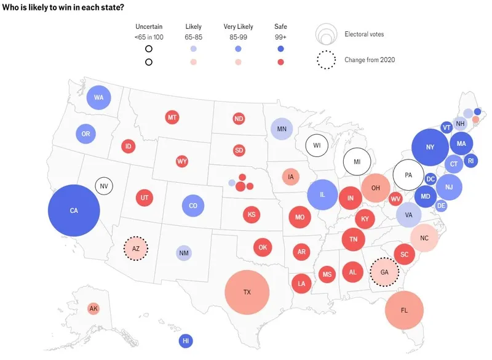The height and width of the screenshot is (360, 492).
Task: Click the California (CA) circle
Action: click(x=74, y=210)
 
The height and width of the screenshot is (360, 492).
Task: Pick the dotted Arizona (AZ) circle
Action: click(x=136, y=249)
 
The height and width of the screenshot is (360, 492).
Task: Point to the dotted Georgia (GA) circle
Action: click(x=385, y=272)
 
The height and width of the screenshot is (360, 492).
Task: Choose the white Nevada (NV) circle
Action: click(x=104, y=185)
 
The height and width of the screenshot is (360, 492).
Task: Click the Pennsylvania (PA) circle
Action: click(x=408, y=175)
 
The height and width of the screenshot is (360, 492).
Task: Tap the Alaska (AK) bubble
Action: click(x=93, y=308)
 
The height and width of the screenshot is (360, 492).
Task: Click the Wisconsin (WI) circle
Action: click(x=317, y=145)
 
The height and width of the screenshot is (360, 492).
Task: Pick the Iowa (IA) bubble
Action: click(x=291, y=177)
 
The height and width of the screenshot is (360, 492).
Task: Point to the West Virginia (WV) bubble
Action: click(x=395, y=199)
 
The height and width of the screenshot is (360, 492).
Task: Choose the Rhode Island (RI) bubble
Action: click(x=470, y=161)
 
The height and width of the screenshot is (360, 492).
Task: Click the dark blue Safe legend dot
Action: click(x=280, y=48)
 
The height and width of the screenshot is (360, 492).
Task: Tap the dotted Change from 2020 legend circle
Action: click(x=327, y=60)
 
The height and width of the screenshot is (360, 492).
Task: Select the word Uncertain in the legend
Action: click(x=149, y=27)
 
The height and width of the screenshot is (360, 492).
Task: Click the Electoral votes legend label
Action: click(x=364, y=34)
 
